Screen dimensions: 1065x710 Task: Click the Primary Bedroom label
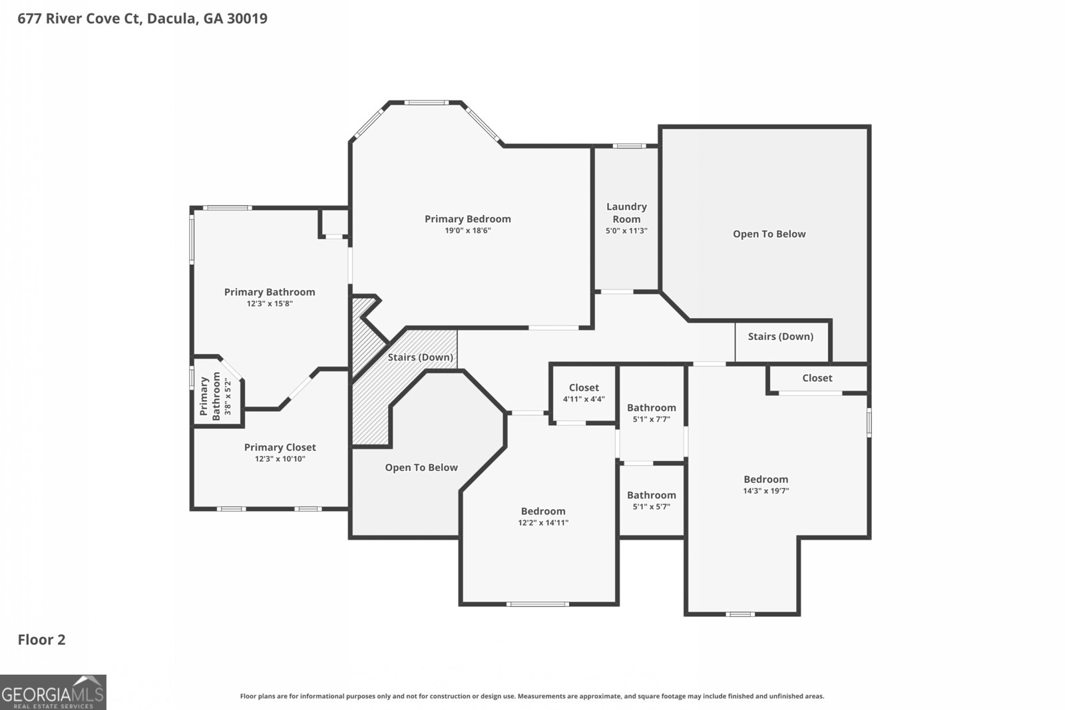click(x=468, y=219)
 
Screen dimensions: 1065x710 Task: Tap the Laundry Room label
click(x=626, y=213)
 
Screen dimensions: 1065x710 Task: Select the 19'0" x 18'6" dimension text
click(x=468, y=230)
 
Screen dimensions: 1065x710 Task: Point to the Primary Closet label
click(x=280, y=447)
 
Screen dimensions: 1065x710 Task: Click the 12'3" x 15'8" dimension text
click(x=270, y=303)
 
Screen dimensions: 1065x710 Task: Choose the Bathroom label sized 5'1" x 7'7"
click(x=652, y=408)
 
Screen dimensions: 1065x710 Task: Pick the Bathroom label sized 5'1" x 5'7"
click(x=652, y=495)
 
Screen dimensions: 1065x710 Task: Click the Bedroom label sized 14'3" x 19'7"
click(x=766, y=480)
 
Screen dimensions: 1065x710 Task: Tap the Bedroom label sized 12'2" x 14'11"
click(x=543, y=511)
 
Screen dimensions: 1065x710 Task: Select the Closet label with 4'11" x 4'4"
click(x=584, y=388)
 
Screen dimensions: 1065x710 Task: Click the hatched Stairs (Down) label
click(x=420, y=357)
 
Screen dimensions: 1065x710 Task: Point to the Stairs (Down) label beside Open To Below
click(x=781, y=337)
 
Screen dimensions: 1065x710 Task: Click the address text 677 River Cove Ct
click(x=80, y=19)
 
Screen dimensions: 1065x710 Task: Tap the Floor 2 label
click(x=41, y=639)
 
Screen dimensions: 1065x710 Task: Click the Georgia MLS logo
click(x=53, y=693)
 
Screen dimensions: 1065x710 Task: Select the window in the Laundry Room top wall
click(x=629, y=146)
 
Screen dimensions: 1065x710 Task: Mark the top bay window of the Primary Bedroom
click(x=427, y=102)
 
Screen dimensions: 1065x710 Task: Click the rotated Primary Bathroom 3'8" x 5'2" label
click(x=216, y=397)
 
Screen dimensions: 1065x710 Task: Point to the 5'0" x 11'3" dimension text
click(x=626, y=231)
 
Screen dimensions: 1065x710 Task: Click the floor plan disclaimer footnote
click(x=532, y=696)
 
